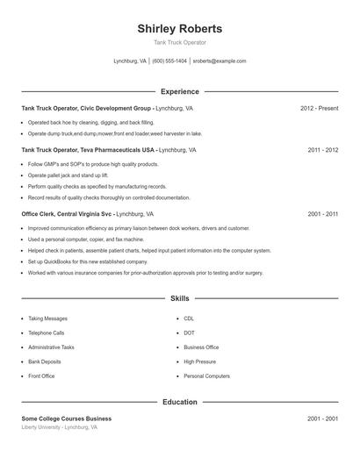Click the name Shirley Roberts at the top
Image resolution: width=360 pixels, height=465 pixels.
179,28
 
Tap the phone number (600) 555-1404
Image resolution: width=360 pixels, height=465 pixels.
169,61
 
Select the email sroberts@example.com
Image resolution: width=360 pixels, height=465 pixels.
220,61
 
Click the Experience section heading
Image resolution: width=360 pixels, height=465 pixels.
179,91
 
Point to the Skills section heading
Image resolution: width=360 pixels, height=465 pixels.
179,298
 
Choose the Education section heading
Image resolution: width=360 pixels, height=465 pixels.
179,402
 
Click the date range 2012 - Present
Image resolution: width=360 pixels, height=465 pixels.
319,108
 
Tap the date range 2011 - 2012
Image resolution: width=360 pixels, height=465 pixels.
322,150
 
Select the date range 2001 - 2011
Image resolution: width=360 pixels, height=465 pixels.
322,213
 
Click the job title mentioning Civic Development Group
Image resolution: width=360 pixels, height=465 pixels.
107,108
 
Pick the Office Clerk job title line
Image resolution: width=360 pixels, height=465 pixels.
88,213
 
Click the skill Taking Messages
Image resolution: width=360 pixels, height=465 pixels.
47,319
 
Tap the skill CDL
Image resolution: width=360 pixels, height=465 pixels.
189,319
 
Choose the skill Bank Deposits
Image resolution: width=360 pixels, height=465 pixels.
45,361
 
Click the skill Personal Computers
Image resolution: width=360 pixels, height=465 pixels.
206,376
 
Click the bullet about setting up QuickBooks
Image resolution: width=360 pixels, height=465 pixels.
88,261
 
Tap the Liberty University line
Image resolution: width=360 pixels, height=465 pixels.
60,427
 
